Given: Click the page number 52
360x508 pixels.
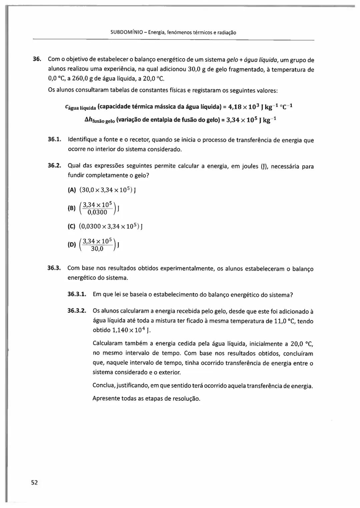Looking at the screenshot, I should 34,483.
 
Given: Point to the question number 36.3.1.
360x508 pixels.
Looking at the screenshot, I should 77,294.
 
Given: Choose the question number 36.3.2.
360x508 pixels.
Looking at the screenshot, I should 77,311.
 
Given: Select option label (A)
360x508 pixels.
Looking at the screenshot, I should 72,190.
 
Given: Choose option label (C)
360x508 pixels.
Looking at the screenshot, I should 72,227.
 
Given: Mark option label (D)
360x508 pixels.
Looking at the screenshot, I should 72,245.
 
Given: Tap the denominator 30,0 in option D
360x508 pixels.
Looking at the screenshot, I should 97,249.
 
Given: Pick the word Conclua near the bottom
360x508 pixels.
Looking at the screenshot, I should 104,386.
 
